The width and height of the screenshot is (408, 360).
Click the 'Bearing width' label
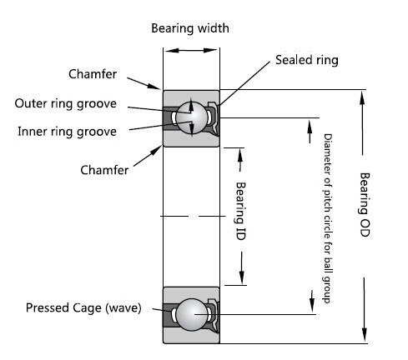pyautogui.click(x=190, y=28)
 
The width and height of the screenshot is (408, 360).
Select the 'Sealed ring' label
pyautogui.click(x=307, y=60)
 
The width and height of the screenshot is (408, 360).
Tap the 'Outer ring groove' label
pyautogui.click(x=66, y=104)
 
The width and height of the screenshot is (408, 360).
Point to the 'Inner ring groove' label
pyautogui.click(x=67, y=132)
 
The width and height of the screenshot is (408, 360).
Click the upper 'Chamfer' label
pyautogui.click(x=93, y=74)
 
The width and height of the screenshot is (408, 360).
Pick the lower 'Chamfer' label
pyautogui.click(x=104, y=170)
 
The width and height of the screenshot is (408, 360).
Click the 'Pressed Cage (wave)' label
pyautogui.click(x=83, y=308)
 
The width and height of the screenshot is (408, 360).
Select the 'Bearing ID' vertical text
pyautogui.click(x=240, y=211)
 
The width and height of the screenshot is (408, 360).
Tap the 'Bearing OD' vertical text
pyautogui.click(x=365, y=205)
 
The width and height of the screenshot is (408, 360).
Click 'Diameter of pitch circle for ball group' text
pyautogui.click(x=328, y=218)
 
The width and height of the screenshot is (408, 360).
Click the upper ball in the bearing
pyautogui.click(x=192, y=117)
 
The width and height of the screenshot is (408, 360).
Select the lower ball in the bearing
pyautogui.click(x=192, y=315)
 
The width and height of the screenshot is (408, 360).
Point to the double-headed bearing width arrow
pyautogui.click(x=191, y=51)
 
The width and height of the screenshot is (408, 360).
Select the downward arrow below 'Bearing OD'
pyautogui.click(x=364, y=309)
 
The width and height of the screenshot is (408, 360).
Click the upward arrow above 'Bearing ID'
pyautogui.click(x=240, y=160)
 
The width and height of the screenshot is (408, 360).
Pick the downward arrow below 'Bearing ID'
pyautogui.click(x=242, y=268)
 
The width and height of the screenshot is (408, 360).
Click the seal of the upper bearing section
pyautogui.click(x=214, y=118)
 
